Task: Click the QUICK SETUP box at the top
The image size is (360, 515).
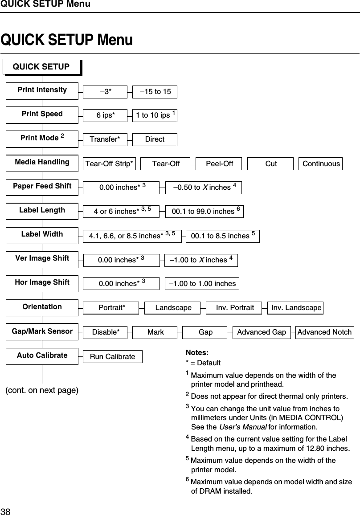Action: tap(41, 67)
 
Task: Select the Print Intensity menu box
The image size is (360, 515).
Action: tap(42, 90)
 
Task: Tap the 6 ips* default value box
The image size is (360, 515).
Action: tap(105, 115)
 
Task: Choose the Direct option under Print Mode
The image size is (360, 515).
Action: tap(155, 139)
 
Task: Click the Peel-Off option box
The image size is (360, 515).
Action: tap(219, 163)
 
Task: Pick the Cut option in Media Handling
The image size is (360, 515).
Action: tap(271, 163)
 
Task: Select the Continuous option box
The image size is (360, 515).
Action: tap(321, 163)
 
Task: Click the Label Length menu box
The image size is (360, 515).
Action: tap(42, 210)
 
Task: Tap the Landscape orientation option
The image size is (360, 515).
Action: tap(173, 308)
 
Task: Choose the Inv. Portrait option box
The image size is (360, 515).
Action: tap(235, 308)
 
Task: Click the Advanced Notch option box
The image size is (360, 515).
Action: tap(324, 332)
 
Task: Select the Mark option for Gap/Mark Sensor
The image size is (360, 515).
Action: tap(155, 332)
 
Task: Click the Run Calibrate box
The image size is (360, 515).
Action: tap(112, 356)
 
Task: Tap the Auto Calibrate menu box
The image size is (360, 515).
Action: tap(42, 356)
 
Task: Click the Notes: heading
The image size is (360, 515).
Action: tap(197, 353)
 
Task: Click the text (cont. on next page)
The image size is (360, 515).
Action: tap(42, 390)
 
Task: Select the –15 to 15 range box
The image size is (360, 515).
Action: tap(155, 92)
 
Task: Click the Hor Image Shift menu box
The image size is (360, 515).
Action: tap(42, 282)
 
